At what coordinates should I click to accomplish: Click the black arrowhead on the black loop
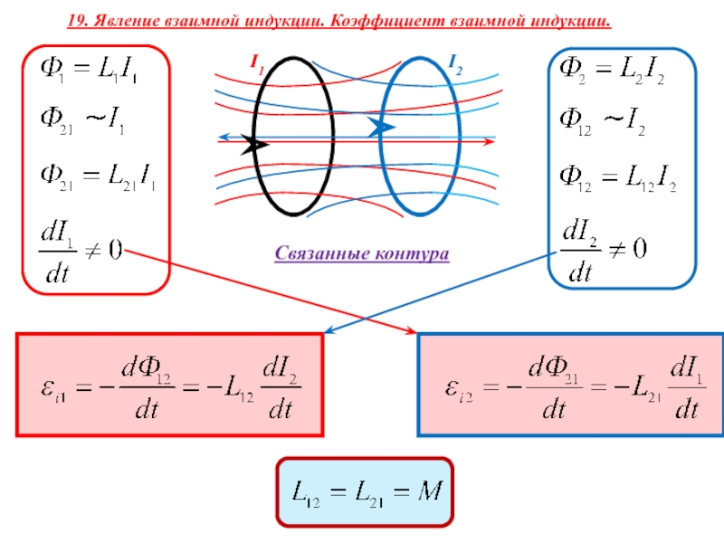(254, 144)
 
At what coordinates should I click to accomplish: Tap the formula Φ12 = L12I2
(619, 184)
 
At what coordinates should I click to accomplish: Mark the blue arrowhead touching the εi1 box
(329, 331)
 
